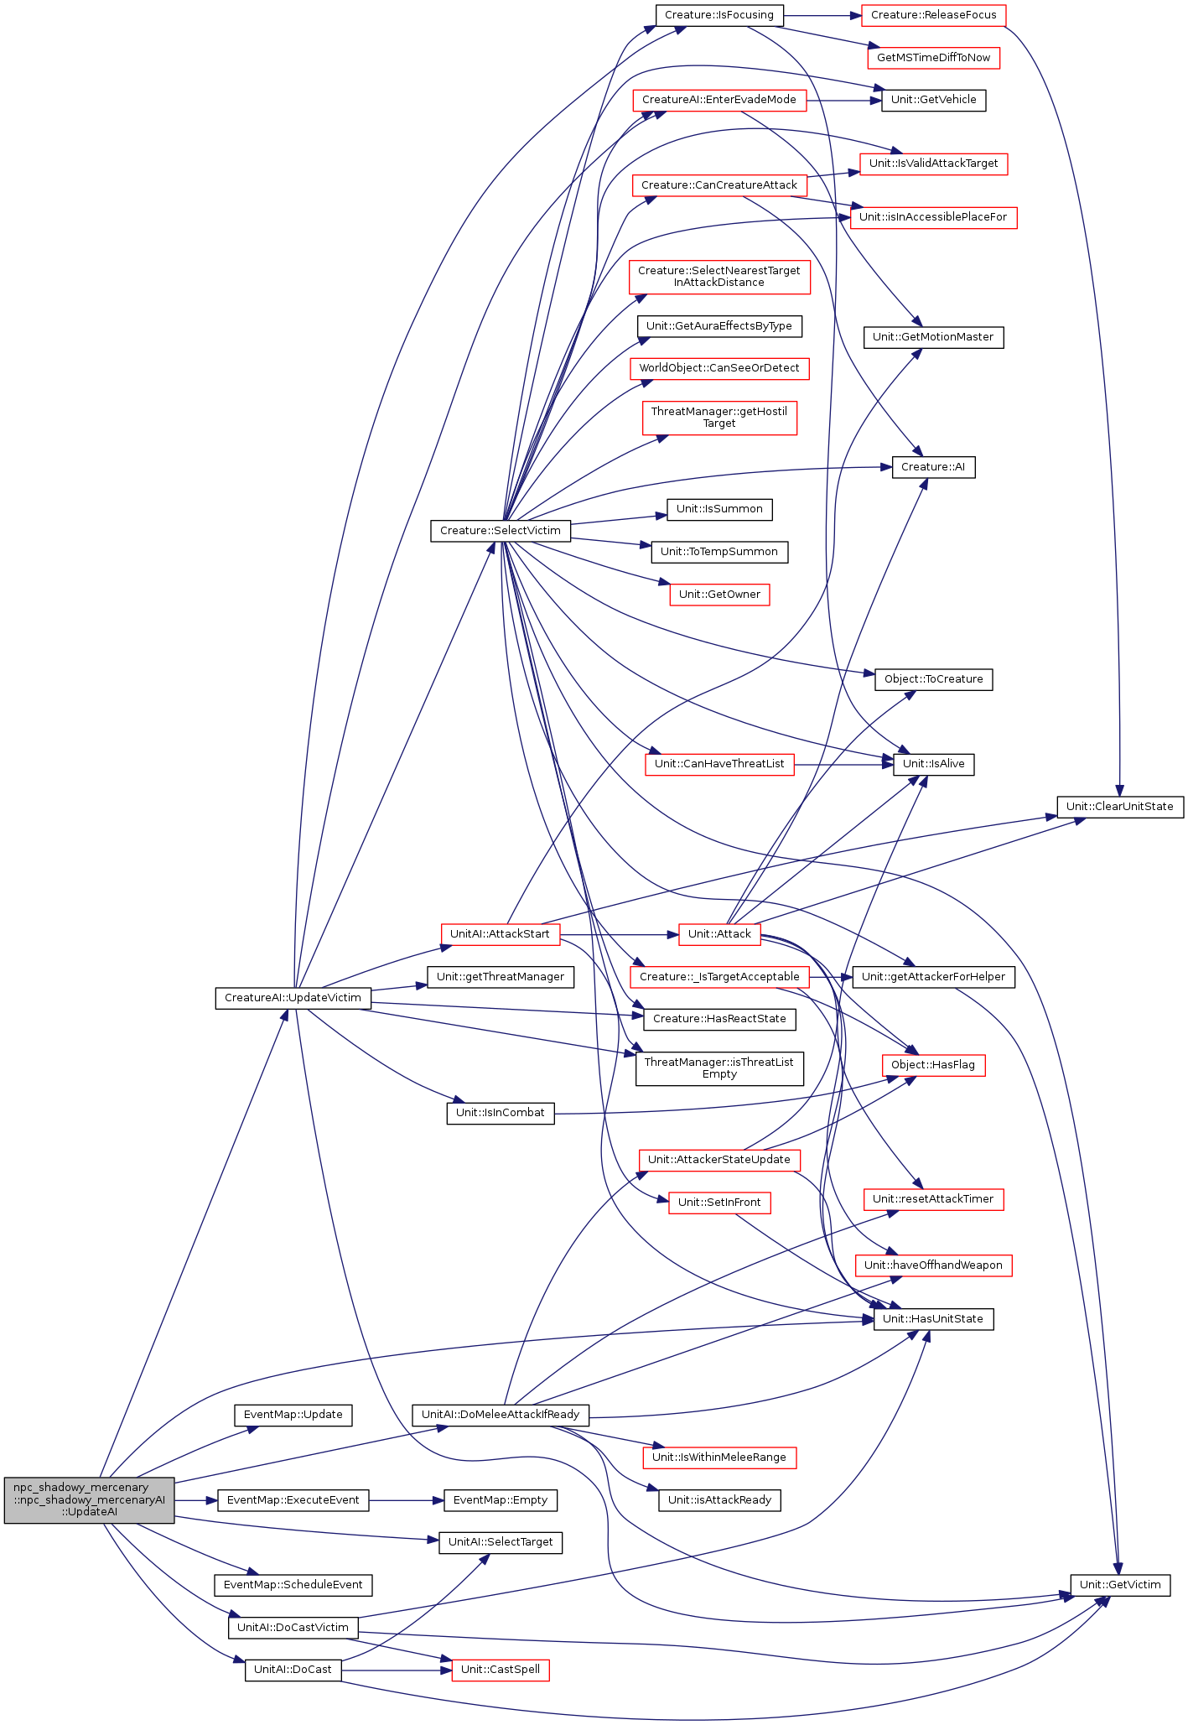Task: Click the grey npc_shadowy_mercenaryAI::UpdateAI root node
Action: click(89, 1500)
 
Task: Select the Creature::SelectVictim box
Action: click(501, 531)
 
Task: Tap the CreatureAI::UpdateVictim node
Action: click(293, 998)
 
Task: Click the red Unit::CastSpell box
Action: click(501, 1670)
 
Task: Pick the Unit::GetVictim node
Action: click(1120, 1585)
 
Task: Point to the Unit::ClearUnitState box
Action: click(1119, 807)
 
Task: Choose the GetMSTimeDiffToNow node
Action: click(933, 58)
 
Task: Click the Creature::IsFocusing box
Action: click(719, 15)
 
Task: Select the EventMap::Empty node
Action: click(500, 1500)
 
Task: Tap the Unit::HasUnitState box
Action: click(933, 1319)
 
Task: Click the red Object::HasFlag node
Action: click(933, 1065)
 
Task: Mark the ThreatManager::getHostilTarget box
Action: click(719, 418)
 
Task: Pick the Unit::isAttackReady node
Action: click(719, 1500)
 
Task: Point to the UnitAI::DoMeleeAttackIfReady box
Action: click(501, 1415)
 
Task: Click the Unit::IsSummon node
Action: click(719, 509)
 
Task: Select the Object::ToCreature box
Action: click(933, 679)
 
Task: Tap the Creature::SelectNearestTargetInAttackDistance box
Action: click(719, 277)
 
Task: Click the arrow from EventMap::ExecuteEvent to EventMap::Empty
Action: click(406, 1500)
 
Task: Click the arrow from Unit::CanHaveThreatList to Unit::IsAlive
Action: click(843, 765)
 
